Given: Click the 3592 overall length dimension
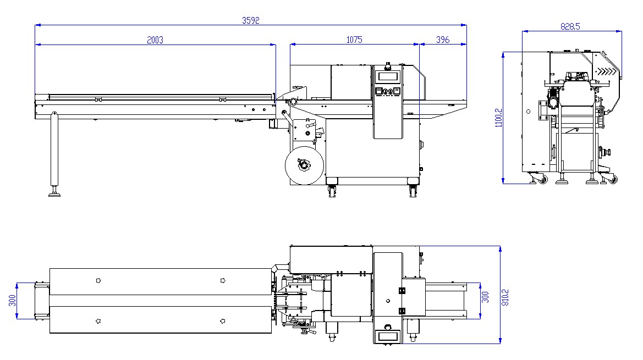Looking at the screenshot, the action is pos(251,20).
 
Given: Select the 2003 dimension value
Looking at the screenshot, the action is pos(155,40).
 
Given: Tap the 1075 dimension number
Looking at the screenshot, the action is pos(354,40).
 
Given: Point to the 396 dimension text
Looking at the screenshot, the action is pos(442,40).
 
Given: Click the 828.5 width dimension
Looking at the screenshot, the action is pos(570,26).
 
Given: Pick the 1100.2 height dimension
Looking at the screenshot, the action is pos(499,118).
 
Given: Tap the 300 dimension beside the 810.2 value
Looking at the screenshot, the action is pos(486,297).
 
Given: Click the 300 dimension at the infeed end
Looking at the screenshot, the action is pos(12,301).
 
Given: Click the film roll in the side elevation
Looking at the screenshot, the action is pos(304,165).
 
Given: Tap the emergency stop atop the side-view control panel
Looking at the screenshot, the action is pos(387,65).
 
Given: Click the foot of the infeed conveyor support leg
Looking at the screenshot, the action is pos(54,193).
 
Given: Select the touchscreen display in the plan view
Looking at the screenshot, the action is pos(388,337).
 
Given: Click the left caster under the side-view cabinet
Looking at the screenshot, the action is pos(332,191).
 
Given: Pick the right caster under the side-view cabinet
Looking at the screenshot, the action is pos(414,191).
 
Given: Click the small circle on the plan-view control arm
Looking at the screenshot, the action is pos(388,301).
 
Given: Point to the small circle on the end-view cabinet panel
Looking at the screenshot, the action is pos(528,112).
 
